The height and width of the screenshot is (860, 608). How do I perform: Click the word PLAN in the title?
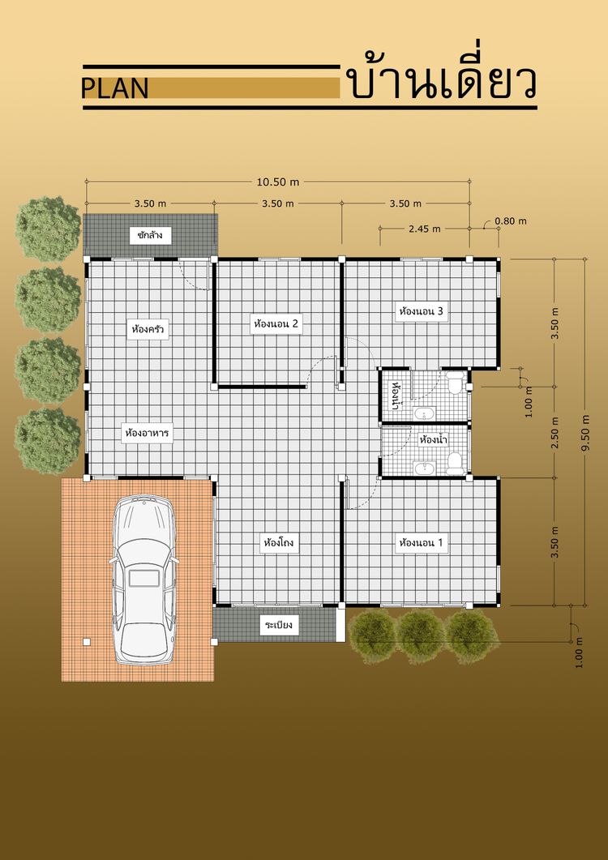(x=115, y=88)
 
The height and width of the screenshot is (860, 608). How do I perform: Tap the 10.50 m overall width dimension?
(x=278, y=182)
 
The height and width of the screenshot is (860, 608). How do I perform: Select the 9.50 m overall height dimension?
(x=587, y=432)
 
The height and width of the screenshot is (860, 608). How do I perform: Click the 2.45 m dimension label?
(x=424, y=229)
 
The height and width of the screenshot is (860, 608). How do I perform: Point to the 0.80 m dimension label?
(x=511, y=221)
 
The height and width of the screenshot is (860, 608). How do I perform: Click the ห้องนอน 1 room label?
(x=422, y=543)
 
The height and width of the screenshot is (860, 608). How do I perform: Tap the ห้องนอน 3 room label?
(x=422, y=311)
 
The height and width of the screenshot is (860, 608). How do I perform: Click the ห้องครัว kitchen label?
(x=148, y=330)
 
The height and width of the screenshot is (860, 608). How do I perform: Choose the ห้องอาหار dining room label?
(x=147, y=434)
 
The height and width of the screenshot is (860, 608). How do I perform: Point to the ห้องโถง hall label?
(x=279, y=543)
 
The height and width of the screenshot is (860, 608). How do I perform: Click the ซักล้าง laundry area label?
(x=150, y=236)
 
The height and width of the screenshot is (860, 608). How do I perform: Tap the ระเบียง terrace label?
(x=280, y=624)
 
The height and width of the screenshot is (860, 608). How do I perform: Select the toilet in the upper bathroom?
(x=454, y=383)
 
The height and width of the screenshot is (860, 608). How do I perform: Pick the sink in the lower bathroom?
(x=424, y=468)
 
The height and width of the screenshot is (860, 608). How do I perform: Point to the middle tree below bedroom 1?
(x=421, y=635)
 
